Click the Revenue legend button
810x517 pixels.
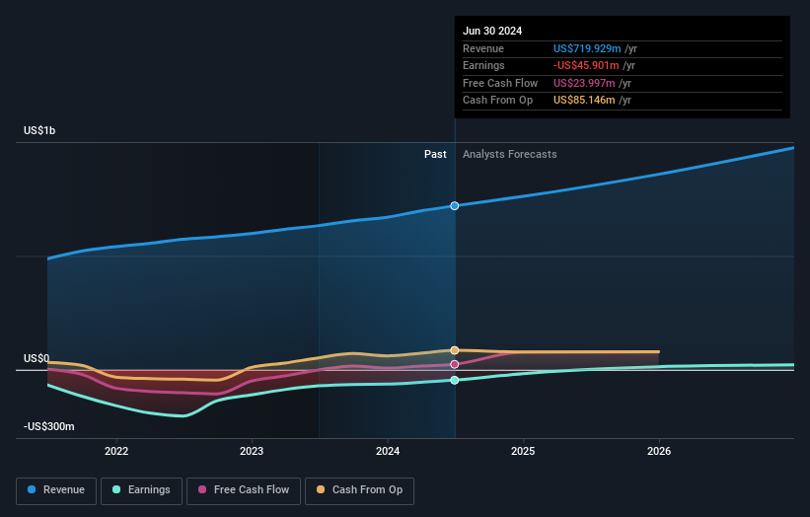[x=56, y=490]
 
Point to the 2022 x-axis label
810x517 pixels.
[x=116, y=451]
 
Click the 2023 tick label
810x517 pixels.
[x=252, y=451]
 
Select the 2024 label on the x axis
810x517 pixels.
[x=388, y=451]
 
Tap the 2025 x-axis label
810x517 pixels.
[x=523, y=451]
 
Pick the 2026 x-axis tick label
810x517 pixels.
[x=659, y=451]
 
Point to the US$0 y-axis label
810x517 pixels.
[x=37, y=358]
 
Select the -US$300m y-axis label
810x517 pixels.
[x=49, y=426]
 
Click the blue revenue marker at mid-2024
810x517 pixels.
[x=455, y=206]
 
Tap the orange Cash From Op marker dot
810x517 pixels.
[x=455, y=350]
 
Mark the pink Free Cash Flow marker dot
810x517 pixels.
[x=455, y=364]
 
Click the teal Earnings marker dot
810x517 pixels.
[x=455, y=380]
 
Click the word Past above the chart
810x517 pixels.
[x=435, y=154]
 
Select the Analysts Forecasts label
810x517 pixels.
[x=509, y=154]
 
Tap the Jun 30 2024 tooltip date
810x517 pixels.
[x=492, y=31]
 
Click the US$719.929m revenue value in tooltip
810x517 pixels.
[x=587, y=49]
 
